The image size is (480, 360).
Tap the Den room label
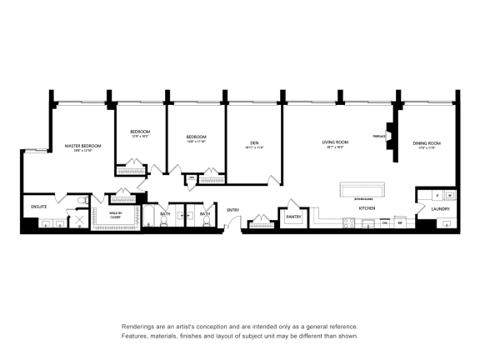pos(254,143)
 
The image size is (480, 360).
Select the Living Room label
pos(335,142)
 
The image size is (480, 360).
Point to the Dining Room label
pos(426,143)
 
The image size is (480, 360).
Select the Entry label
pos(232,209)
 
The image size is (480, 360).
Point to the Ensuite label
pos(39,205)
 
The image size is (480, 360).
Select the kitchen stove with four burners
pos(348,222)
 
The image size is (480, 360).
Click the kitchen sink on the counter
pos(367,223)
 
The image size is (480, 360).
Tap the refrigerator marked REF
pos(400,223)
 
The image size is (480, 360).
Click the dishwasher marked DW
pos(384,223)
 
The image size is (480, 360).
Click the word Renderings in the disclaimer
pos(142,327)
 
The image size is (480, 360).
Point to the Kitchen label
pos(367,207)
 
